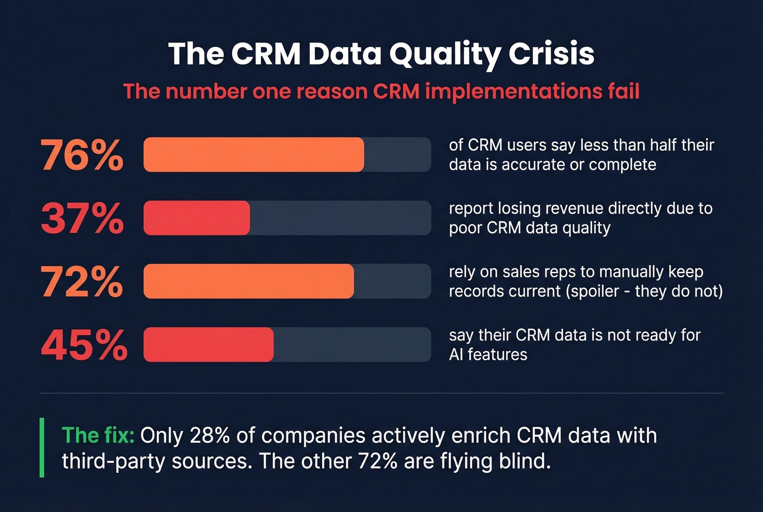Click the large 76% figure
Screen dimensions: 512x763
tap(82, 155)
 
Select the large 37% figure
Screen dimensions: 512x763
tap(82, 218)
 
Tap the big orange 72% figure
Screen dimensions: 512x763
tap(82, 281)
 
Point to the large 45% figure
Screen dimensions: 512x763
tap(84, 345)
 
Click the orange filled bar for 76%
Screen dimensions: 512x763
tap(253, 155)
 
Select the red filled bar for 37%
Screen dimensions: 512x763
tap(196, 218)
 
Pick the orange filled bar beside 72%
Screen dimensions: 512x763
tap(249, 281)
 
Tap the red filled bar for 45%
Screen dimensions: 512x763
tap(208, 345)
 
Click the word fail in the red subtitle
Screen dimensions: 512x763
tap(623, 91)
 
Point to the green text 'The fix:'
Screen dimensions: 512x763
tap(98, 436)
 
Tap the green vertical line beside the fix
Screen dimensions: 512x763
tap(42, 448)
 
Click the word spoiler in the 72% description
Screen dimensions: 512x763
tap(595, 291)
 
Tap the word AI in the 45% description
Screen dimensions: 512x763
tap(456, 354)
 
